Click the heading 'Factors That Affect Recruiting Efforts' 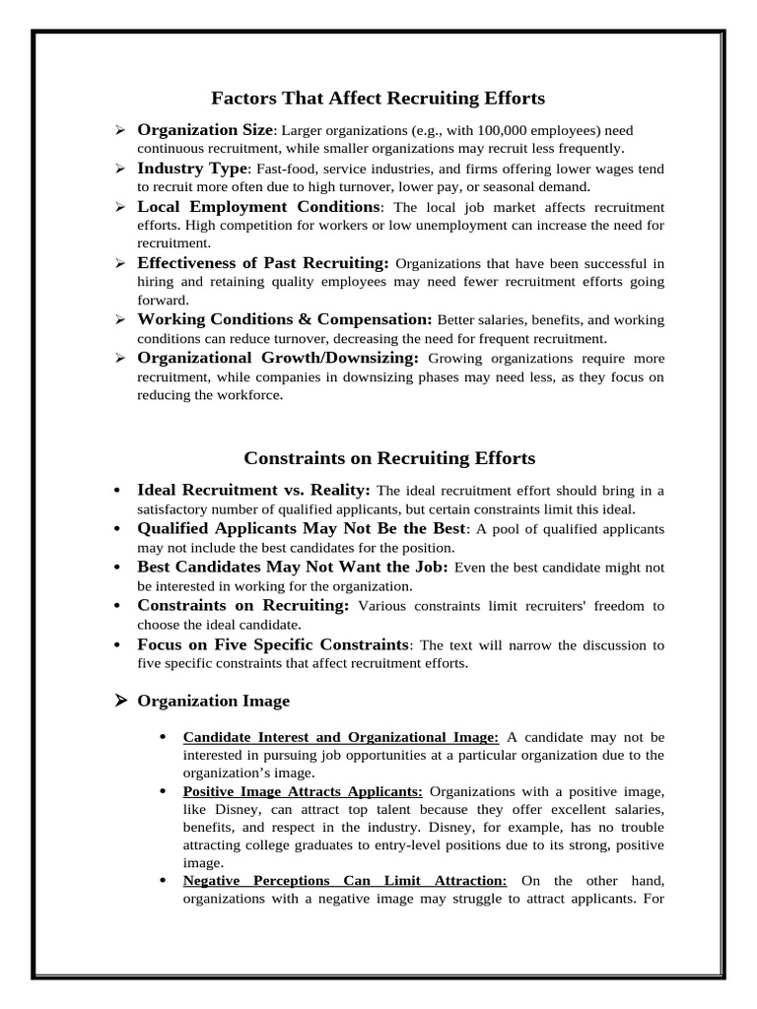pos(378,99)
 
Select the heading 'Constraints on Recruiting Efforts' pos(389,458)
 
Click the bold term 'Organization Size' pos(205,130)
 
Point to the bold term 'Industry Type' pos(192,168)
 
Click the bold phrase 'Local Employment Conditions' pos(258,207)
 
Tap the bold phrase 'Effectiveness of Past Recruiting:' pos(263,263)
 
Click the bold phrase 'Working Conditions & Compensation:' pos(285,320)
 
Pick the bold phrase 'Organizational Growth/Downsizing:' pos(278,358)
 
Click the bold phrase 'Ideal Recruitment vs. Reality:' pos(254,491)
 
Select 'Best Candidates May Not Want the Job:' pos(293,568)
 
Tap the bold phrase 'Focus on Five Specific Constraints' pos(273,644)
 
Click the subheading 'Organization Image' pos(213,702)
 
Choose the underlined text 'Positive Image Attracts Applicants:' pos(303,791)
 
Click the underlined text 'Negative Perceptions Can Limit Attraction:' pos(345,881)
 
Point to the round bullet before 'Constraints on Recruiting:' pos(117,606)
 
